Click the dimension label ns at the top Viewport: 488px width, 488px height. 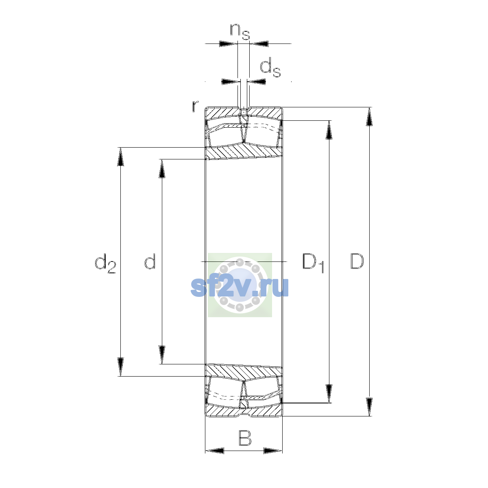pyautogui.click(x=240, y=32)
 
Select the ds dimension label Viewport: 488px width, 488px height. pyautogui.click(x=270, y=67)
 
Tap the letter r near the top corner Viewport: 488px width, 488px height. pyautogui.click(x=195, y=106)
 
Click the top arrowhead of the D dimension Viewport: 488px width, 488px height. pyautogui.click(x=369, y=116)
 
